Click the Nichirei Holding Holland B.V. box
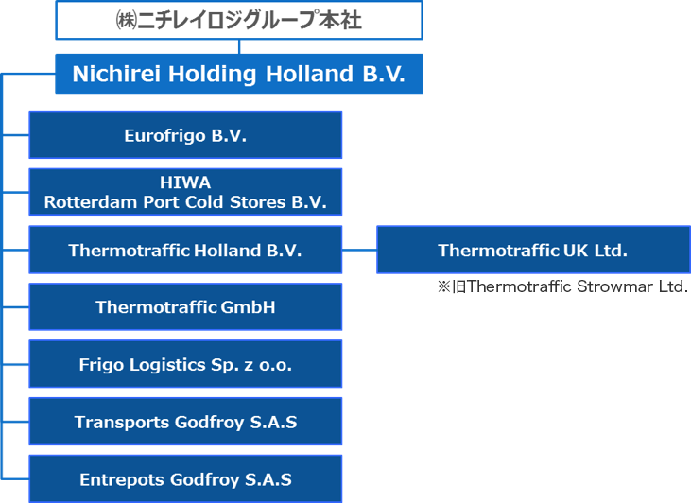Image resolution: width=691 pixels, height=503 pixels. (239, 74)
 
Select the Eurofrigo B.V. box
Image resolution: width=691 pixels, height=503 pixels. (185, 135)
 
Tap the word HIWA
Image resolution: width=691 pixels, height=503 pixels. (185, 182)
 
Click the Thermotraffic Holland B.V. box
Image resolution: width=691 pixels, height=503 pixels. (185, 250)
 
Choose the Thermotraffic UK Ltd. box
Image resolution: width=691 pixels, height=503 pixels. (533, 250)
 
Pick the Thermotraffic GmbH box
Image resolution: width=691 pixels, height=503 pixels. (185, 307)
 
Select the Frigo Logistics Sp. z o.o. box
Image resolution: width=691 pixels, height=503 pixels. (185, 364)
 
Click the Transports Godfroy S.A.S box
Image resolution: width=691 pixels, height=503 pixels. (185, 422)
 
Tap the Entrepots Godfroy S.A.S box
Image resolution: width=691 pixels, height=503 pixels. (185, 478)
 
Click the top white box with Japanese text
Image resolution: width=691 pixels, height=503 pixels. (239, 20)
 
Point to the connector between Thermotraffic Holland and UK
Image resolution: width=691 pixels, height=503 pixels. (359, 250)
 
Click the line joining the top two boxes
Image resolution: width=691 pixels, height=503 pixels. (239, 46)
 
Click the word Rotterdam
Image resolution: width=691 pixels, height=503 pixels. (91, 202)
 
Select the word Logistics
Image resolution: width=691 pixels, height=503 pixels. (167, 365)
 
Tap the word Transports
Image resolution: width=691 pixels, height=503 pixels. (122, 423)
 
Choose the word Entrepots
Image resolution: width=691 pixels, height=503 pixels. (122, 479)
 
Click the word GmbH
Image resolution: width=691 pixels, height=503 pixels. (248, 307)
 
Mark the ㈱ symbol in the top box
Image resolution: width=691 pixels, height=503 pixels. (126, 21)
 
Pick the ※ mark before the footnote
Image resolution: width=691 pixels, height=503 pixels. (443, 287)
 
